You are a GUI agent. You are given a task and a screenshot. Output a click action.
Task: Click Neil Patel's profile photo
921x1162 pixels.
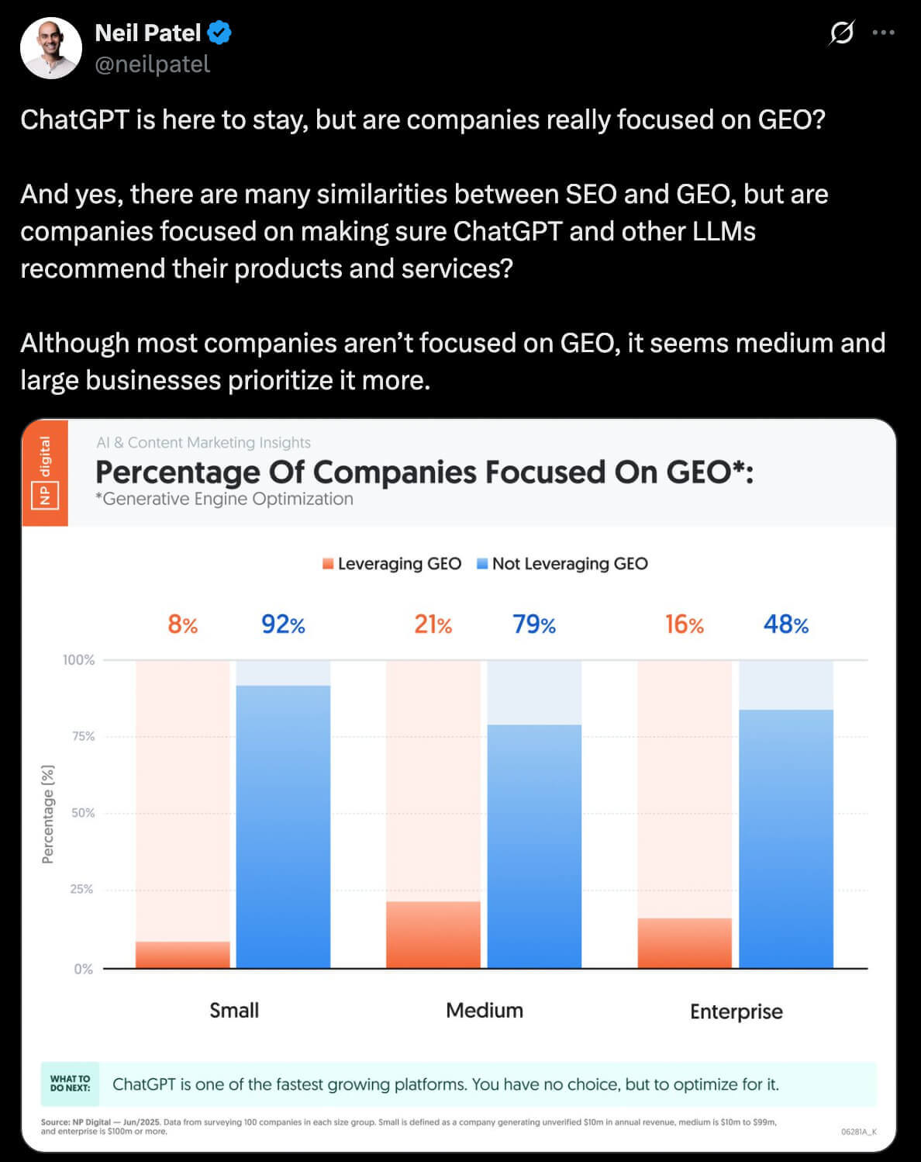pos(51,48)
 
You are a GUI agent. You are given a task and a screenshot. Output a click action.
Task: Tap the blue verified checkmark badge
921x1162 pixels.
pos(219,33)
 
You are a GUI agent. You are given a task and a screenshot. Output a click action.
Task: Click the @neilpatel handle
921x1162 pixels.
pos(152,64)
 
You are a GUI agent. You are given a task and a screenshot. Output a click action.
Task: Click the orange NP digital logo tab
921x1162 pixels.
pos(45,472)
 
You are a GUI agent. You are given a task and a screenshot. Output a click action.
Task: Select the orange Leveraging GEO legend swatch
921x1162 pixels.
pos(328,564)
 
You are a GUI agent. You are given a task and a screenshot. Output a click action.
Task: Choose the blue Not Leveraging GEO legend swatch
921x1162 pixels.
pos(482,564)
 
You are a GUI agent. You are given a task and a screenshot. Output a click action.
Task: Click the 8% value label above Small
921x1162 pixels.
pos(183,624)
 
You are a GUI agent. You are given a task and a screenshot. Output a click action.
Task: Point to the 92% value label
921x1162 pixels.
pos(283,624)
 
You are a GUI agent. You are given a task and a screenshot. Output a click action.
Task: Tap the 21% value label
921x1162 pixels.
pos(433,624)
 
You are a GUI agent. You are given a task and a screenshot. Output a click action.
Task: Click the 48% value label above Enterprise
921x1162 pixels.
pos(785,624)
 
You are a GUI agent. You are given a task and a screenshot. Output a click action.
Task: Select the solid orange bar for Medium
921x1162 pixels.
pos(433,935)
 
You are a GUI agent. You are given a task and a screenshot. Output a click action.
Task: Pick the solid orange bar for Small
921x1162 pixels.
pos(183,955)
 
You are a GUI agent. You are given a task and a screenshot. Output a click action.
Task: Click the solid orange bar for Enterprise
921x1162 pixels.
pos(685,943)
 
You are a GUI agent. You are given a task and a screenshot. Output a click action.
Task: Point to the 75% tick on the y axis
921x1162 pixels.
pos(83,736)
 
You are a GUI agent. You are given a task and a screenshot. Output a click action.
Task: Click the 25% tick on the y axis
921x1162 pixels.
pos(81,889)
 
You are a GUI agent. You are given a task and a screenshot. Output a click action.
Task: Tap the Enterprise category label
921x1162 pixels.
pos(736,1012)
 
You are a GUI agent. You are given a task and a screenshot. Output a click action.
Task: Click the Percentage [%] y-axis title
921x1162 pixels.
pos(48,814)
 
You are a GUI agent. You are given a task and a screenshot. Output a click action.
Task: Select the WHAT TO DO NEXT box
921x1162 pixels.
pos(70,1084)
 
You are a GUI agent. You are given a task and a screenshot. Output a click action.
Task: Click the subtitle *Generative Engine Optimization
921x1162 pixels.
pos(224,499)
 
